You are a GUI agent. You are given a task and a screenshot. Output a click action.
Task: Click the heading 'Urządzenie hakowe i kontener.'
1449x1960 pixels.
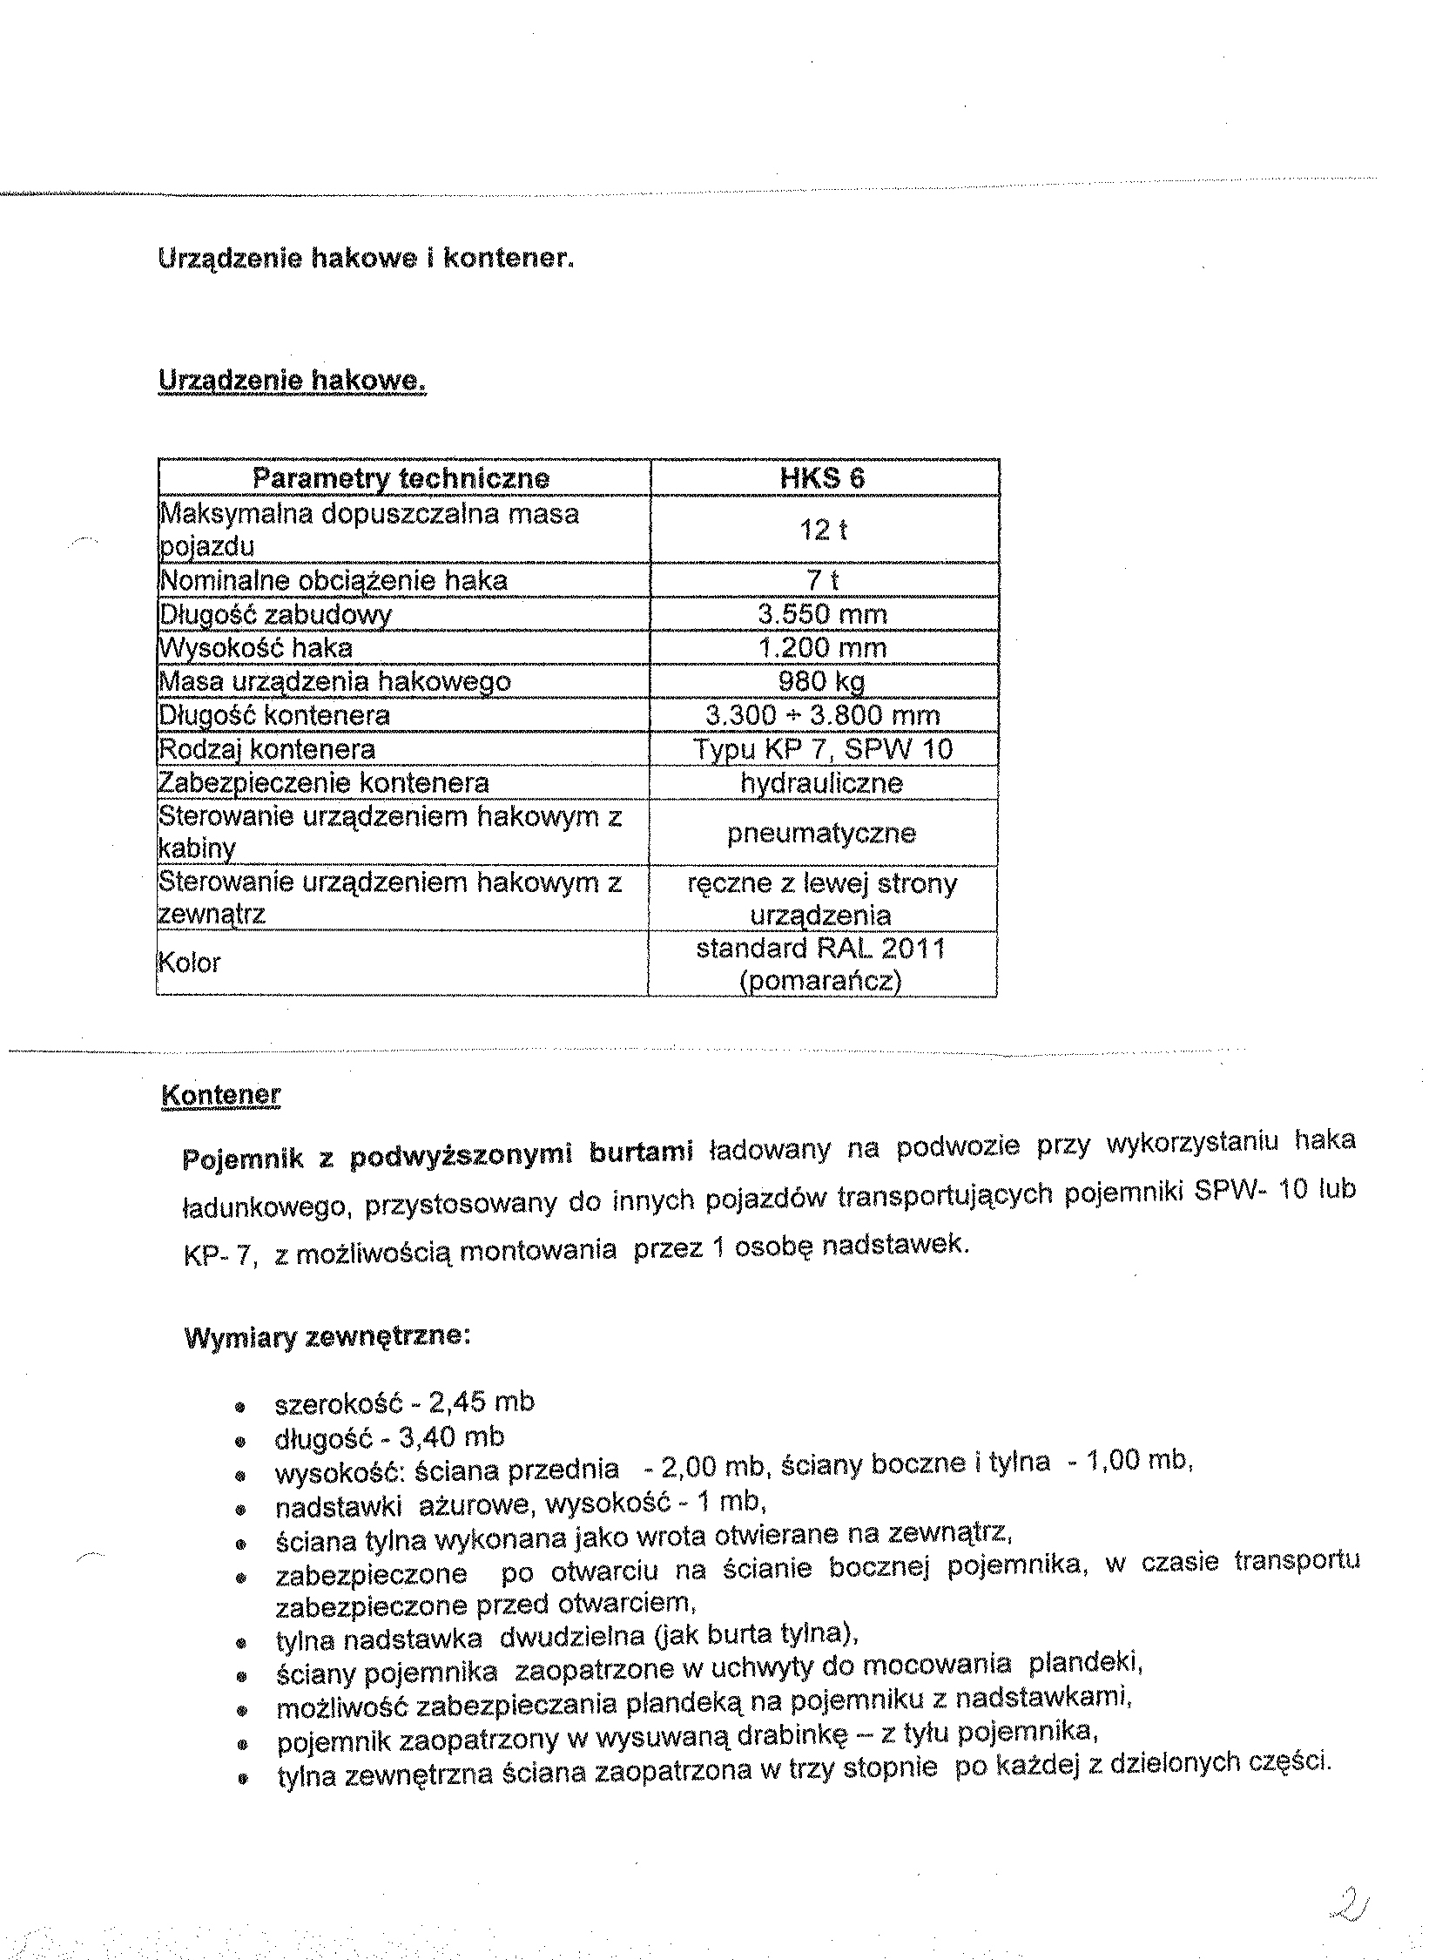click(x=366, y=259)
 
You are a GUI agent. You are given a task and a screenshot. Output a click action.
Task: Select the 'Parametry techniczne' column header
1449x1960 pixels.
click(x=401, y=478)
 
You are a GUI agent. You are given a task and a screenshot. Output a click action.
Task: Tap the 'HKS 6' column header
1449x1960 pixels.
click(x=822, y=478)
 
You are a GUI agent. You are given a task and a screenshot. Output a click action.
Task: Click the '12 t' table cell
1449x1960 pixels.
click(x=822, y=530)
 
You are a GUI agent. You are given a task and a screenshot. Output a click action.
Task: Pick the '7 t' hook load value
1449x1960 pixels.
click(x=822, y=580)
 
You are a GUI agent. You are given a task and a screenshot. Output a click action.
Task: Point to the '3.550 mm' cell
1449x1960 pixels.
click(x=822, y=614)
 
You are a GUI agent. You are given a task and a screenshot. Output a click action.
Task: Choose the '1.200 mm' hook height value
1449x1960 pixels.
click(x=822, y=648)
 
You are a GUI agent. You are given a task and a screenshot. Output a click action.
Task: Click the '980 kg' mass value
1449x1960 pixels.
click(x=822, y=682)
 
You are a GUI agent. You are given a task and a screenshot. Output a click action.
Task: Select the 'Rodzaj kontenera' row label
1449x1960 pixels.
click(x=266, y=749)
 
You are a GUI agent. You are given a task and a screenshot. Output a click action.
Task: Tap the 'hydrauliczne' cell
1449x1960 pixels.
click(x=822, y=782)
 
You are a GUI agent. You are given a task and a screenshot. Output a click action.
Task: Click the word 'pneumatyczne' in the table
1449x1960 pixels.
click(x=822, y=833)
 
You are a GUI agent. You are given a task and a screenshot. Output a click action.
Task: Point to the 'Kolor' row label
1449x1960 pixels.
click(x=189, y=963)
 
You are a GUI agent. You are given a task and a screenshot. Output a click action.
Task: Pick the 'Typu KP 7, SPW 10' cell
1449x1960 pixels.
click(x=822, y=749)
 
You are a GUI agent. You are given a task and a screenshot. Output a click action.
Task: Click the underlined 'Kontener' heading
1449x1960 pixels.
click(x=221, y=1095)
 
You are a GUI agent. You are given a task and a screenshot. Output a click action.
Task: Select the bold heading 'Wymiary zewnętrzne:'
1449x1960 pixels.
click(x=328, y=1336)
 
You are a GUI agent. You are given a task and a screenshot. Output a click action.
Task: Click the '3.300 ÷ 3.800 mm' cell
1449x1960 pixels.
click(x=822, y=715)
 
